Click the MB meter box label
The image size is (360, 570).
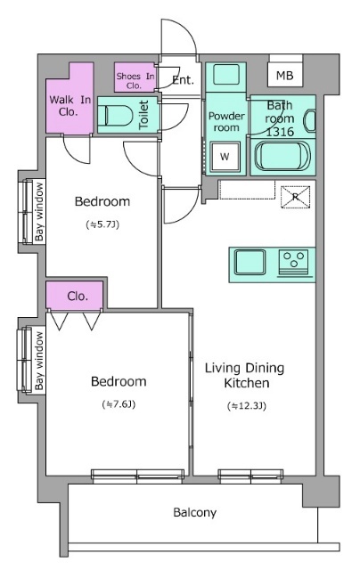coord(285,75)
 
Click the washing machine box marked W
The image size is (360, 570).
coord(225,157)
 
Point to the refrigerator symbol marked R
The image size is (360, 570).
coord(296,197)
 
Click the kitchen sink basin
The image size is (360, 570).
coord(250,262)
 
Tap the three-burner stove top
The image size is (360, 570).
coord(294,262)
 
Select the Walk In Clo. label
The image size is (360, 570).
coord(70,105)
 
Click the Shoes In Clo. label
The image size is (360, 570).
coord(135,81)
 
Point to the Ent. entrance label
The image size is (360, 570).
coord(183,80)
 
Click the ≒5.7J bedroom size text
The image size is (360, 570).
coord(102,224)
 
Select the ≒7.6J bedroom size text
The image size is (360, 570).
coord(119,404)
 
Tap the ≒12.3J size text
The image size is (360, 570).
coord(247,406)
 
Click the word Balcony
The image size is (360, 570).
coord(195,513)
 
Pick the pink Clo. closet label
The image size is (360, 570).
coord(78,297)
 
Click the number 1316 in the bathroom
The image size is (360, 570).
coord(280,132)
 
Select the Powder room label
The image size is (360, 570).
coord(226,122)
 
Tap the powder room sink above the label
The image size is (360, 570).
coord(226,75)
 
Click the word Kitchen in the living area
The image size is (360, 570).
coord(247,383)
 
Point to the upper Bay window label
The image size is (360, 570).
coord(39,212)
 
